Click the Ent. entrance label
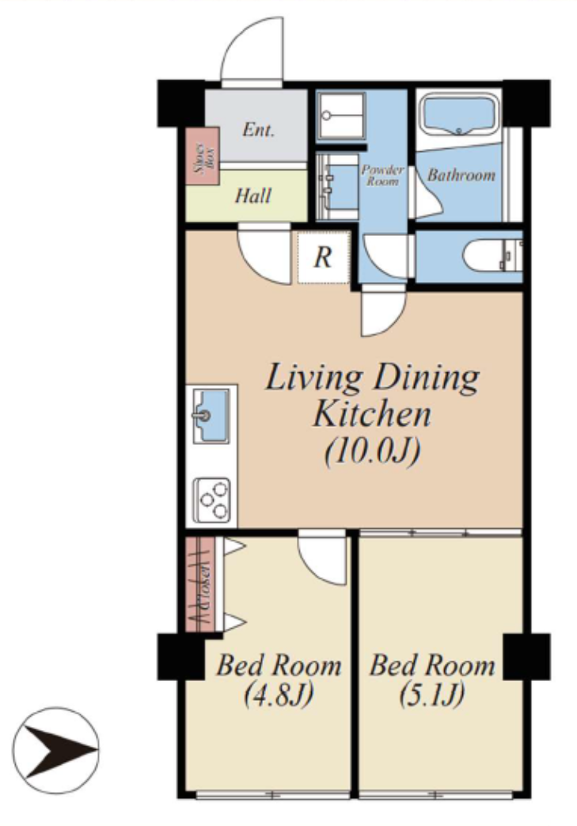click(259, 130)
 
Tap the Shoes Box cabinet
click(203, 156)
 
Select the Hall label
click(252, 196)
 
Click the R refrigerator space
click(323, 257)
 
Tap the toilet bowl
click(487, 256)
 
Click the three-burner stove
click(211, 500)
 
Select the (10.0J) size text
click(373, 452)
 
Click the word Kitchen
click(372, 414)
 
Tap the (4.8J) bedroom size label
click(279, 695)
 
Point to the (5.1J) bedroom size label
click(431, 695)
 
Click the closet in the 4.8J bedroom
click(200, 584)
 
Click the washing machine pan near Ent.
click(341, 116)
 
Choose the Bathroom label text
click(461, 175)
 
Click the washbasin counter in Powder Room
click(337, 186)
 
